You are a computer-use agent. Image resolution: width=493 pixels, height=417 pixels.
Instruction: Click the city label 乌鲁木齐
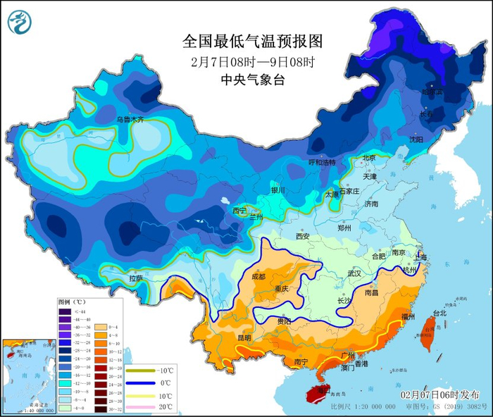130,120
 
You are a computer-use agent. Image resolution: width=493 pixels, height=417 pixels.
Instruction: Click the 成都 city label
258,277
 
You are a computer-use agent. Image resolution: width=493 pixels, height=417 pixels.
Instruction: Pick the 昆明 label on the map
244,337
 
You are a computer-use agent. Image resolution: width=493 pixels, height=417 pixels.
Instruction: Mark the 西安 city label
303,237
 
